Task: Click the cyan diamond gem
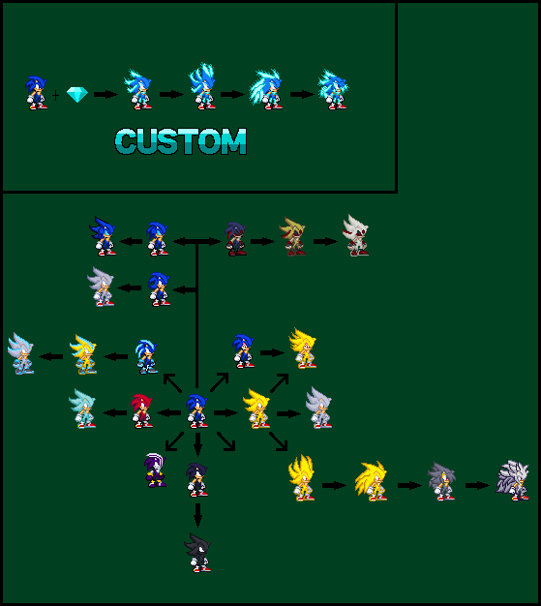[77, 94]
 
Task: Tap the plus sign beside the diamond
[55, 95]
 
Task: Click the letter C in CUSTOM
[126, 141]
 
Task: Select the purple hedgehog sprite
[156, 470]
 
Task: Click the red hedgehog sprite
[141, 410]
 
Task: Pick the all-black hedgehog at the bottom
[197, 553]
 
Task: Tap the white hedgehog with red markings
[355, 236]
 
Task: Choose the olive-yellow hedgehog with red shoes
[292, 236]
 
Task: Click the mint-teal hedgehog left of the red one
[82, 409]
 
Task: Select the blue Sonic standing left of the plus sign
[37, 93]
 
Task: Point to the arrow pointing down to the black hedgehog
[197, 515]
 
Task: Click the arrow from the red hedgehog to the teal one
[115, 412]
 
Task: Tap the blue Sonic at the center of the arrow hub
[197, 410]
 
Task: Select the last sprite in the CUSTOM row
[333, 90]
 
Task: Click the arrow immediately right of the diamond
[105, 94]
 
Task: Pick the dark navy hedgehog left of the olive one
[236, 238]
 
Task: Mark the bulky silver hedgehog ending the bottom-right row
[512, 480]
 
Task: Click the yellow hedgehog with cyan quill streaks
[83, 354]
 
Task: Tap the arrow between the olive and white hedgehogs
[325, 242]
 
